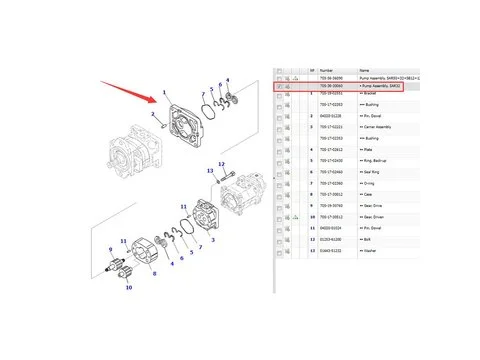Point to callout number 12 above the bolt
[222, 163]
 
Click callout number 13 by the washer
[211, 172]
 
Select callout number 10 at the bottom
[128, 288]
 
